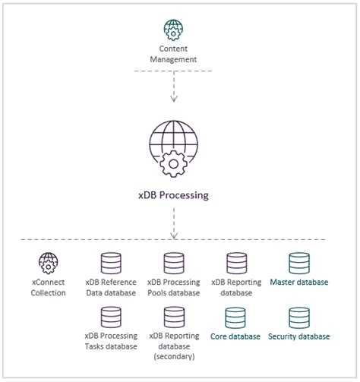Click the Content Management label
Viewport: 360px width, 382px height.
click(x=173, y=54)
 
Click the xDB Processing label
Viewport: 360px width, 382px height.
click(x=174, y=195)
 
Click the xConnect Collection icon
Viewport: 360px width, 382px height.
click(x=49, y=264)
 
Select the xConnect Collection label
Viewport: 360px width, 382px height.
click(x=49, y=287)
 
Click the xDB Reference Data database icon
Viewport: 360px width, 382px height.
click(x=111, y=264)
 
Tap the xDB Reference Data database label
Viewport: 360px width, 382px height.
click(x=111, y=287)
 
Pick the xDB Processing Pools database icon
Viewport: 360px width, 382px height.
click(x=174, y=264)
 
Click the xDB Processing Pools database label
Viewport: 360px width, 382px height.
click(x=174, y=287)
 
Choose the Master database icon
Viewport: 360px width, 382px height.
click(x=299, y=264)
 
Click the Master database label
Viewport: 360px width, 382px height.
click(x=299, y=283)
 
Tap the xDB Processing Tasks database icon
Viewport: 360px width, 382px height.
click(x=111, y=317)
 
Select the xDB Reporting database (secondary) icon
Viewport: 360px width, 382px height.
click(x=174, y=317)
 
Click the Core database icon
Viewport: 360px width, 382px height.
click(x=236, y=317)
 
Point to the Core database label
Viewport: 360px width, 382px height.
click(x=236, y=336)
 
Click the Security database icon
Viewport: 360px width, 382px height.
click(x=299, y=317)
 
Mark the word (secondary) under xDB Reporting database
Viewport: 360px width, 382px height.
click(x=174, y=356)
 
